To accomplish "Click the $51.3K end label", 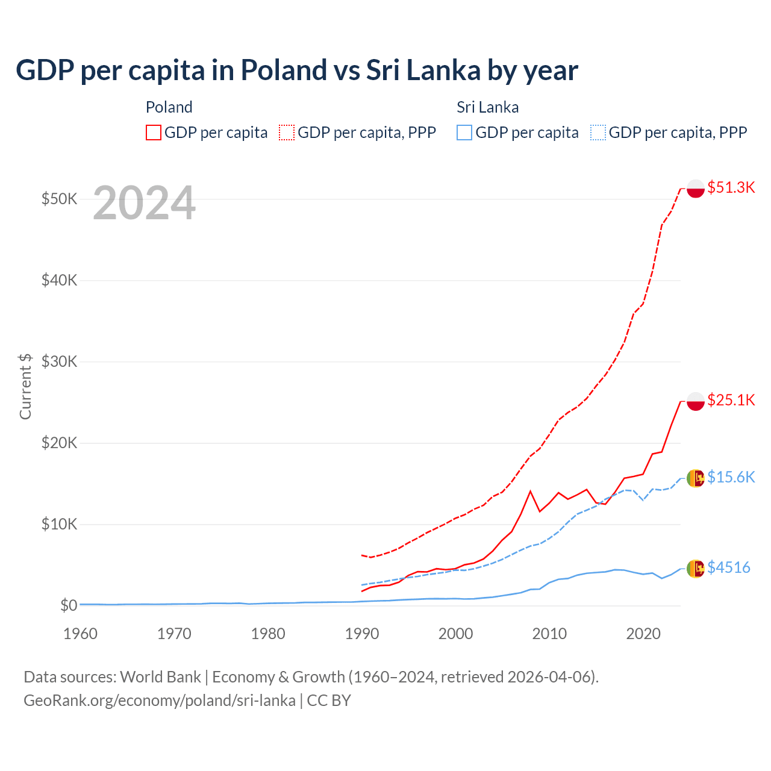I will (x=731, y=187).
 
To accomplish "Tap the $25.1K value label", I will (x=731, y=400).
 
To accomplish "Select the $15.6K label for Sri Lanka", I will (x=731, y=477).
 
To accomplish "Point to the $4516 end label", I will (x=728, y=567).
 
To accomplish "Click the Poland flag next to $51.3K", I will (x=696, y=189).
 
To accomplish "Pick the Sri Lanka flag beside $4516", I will (x=696, y=569).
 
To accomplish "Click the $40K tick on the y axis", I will (x=59, y=280).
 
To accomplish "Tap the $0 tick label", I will (x=69, y=605).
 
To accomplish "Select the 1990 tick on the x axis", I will (x=362, y=634).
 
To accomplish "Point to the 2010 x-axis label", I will (x=549, y=634).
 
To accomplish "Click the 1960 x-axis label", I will (x=80, y=634).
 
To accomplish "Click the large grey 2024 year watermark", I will (x=144, y=204).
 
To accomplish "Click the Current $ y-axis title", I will (x=25, y=386).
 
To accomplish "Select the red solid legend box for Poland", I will (x=154, y=133).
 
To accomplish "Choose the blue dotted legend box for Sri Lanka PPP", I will (x=598, y=133).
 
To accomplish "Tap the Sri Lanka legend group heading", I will (x=487, y=107).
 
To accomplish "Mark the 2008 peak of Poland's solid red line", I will (x=530, y=492).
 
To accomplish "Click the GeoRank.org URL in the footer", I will (x=160, y=701).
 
